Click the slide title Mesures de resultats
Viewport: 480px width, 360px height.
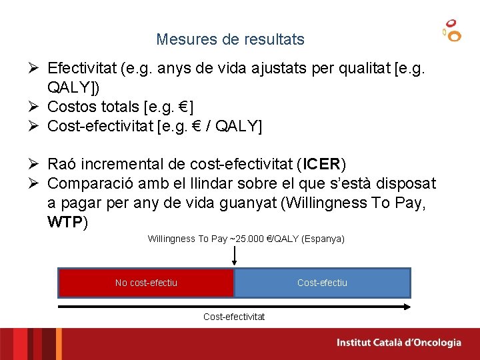coord(230,39)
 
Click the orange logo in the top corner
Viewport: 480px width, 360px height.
coord(452,31)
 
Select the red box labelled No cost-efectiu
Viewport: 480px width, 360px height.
coord(146,283)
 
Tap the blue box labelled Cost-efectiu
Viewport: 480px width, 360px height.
coord(322,283)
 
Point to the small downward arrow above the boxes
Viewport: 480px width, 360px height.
coord(234,255)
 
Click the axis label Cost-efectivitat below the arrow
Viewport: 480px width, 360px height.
coord(233,317)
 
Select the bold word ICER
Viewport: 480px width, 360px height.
coord(323,164)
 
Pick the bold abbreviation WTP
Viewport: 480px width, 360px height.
coord(65,222)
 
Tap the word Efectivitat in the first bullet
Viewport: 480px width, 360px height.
coord(82,68)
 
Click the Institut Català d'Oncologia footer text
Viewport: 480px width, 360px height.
coord(399,343)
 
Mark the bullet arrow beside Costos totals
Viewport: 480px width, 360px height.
coord(37,107)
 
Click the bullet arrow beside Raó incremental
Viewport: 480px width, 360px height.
coord(37,164)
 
